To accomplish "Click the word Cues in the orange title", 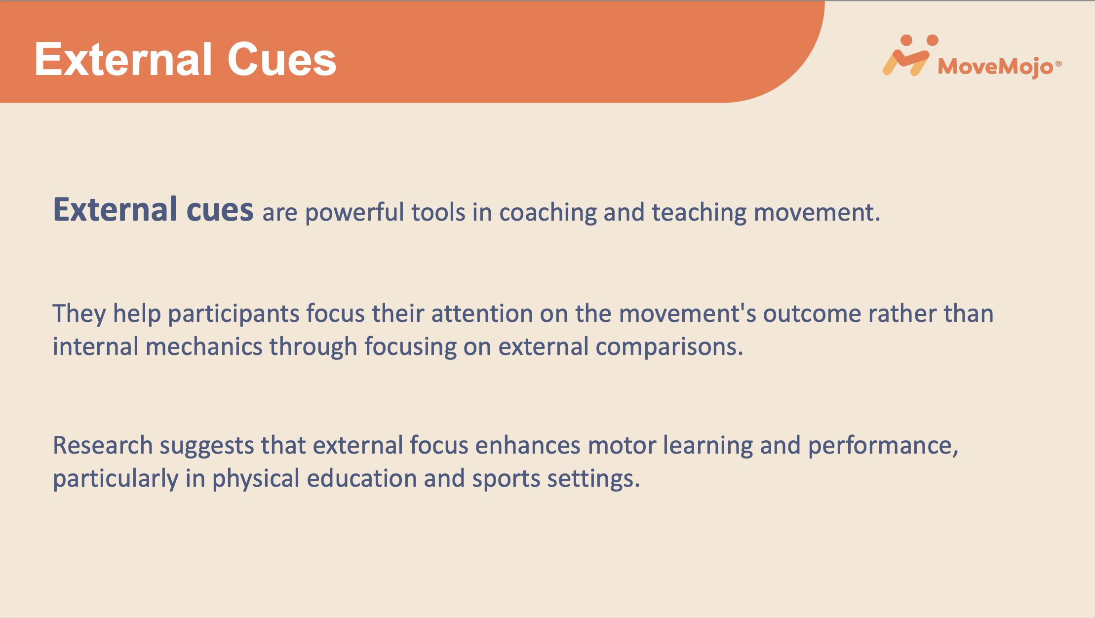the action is [282, 59].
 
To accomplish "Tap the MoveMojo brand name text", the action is [996, 67].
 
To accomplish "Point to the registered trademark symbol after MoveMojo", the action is [1058, 64].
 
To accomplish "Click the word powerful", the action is [354, 212].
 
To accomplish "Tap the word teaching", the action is [700, 212].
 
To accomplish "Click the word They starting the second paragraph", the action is [79, 314].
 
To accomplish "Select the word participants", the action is [234, 314].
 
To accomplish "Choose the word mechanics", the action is [204, 347].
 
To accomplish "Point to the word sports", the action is [506, 479].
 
